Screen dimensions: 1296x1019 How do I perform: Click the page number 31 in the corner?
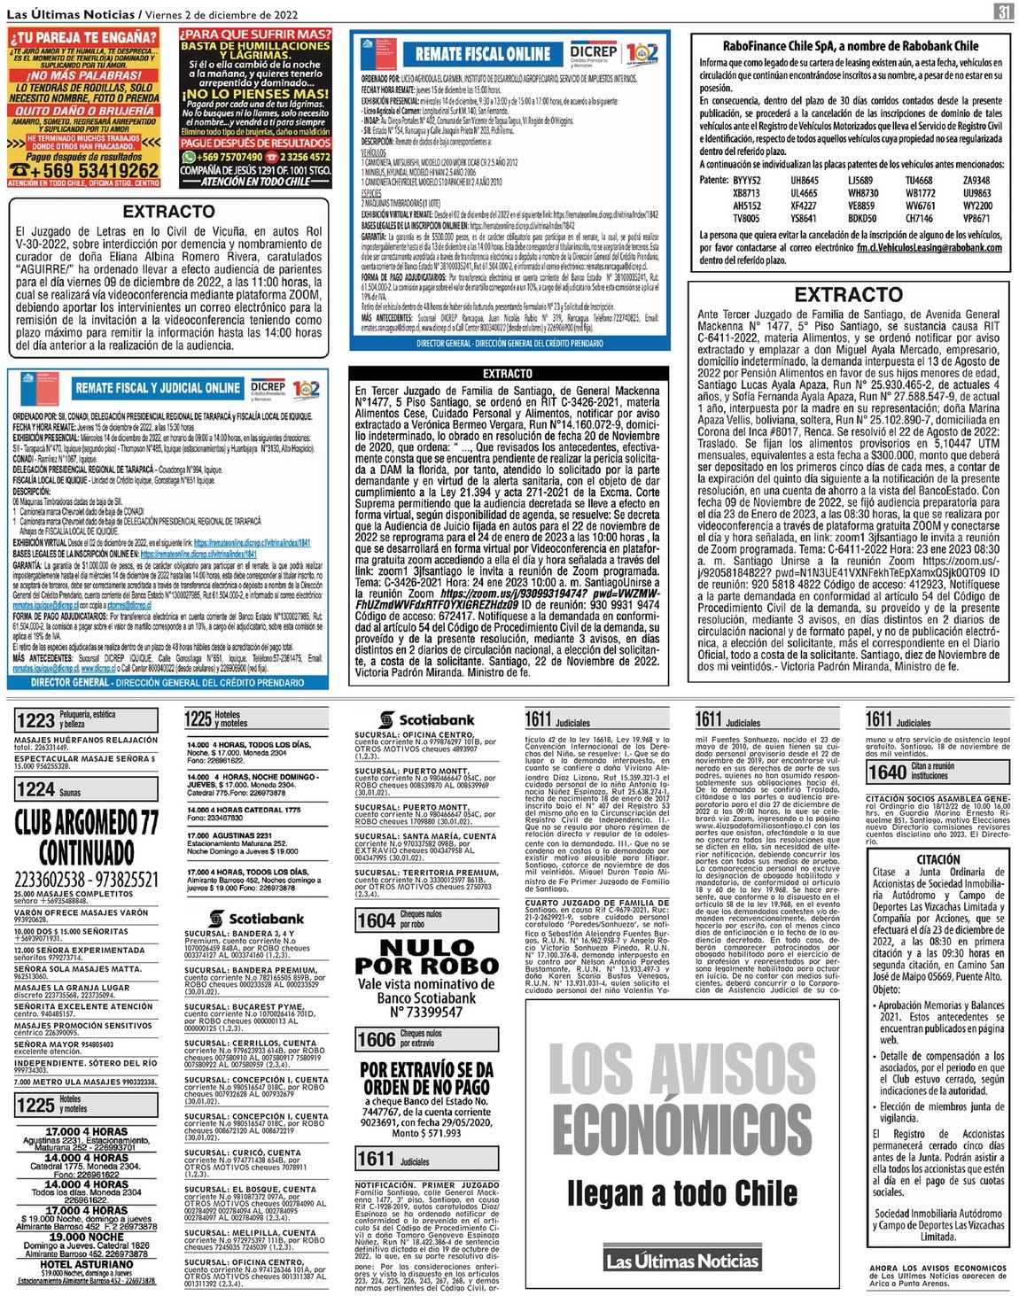1003,12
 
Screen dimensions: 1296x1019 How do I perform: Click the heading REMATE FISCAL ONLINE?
483,54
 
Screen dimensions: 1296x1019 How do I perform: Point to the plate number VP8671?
976,218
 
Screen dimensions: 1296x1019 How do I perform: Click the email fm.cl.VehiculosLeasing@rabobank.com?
930,248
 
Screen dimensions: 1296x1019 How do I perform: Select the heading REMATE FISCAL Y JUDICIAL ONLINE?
158,388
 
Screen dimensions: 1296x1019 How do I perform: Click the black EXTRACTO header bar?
507,374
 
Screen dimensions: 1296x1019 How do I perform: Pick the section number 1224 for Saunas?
35,789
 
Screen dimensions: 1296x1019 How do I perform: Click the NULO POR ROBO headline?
426,956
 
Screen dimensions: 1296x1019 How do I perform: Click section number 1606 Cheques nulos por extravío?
376,1039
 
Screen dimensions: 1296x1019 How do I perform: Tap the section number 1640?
886,772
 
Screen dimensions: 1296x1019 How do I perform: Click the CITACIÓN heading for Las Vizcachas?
938,859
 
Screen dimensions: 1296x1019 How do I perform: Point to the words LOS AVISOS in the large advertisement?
682,1069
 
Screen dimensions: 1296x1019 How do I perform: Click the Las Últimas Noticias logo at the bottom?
682,1261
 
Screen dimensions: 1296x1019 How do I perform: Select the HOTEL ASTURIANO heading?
86,1264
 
